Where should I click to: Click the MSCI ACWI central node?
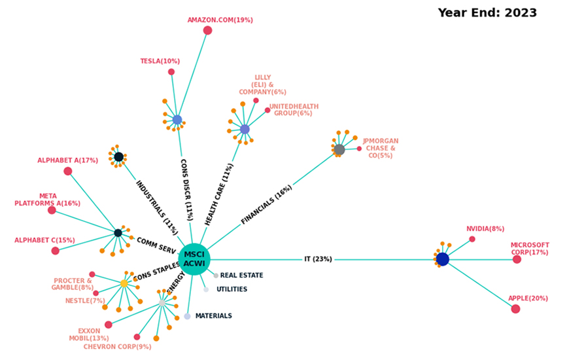194,259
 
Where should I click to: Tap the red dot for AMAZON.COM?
207,30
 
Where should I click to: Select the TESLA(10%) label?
160,62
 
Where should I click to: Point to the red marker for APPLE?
515,309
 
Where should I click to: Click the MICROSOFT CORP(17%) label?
530,249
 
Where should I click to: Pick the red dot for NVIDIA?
472,239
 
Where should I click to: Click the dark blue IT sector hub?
443,259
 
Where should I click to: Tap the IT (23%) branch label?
318,259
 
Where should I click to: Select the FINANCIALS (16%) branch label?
266,205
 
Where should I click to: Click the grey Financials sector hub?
339,150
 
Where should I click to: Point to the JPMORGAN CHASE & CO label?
380,149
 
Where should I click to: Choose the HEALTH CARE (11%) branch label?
219,194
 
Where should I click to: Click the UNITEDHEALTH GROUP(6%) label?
294,110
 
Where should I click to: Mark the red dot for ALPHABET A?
68,171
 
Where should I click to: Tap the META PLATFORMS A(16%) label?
48,200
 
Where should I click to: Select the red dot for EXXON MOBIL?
109,325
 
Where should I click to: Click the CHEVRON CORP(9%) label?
117,347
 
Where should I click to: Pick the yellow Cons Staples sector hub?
124,283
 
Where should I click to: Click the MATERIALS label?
213,316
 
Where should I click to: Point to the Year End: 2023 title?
487,13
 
